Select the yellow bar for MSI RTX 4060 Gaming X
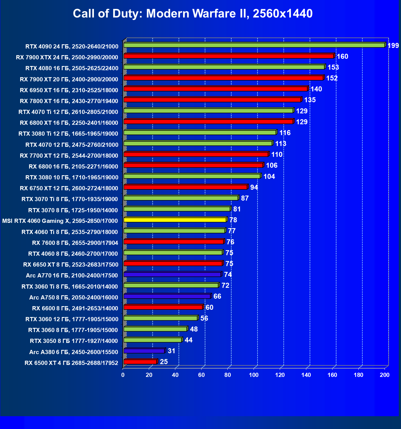(x=175, y=220)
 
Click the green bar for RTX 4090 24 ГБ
(x=254, y=45)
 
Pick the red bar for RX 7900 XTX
(x=229, y=56)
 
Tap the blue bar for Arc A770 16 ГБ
(x=172, y=275)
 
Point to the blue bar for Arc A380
(x=144, y=351)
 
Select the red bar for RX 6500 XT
(x=140, y=362)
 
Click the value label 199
(x=393, y=46)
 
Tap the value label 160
(x=342, y=57)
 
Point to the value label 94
(x=254, y=187)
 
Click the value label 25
(x=164, y=362)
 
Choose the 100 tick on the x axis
(x=254, y=375)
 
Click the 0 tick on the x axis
(x=123, y=375)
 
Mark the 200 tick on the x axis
(x=385, y=375)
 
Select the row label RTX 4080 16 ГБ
(x=72, y=68)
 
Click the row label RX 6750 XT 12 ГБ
(x=69, y=188)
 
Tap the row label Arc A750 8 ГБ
(x=74, y=298)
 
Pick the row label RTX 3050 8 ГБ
(x=74, y=341)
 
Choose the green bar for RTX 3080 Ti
(x=200, y=133)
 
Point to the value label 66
(x=217, y=296)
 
